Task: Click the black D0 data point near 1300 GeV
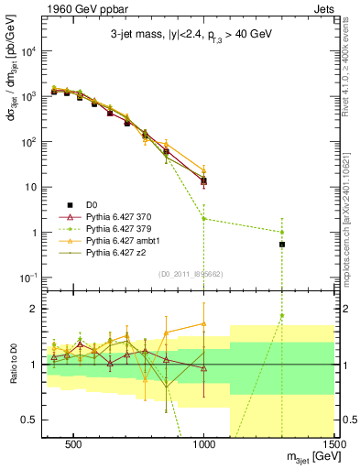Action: pyautogui.click(x=283, y=245)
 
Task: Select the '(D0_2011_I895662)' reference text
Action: pyautogui.click(x=191, y=273)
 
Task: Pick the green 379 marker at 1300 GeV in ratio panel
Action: pyautogui.click(x=283, y=316)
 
